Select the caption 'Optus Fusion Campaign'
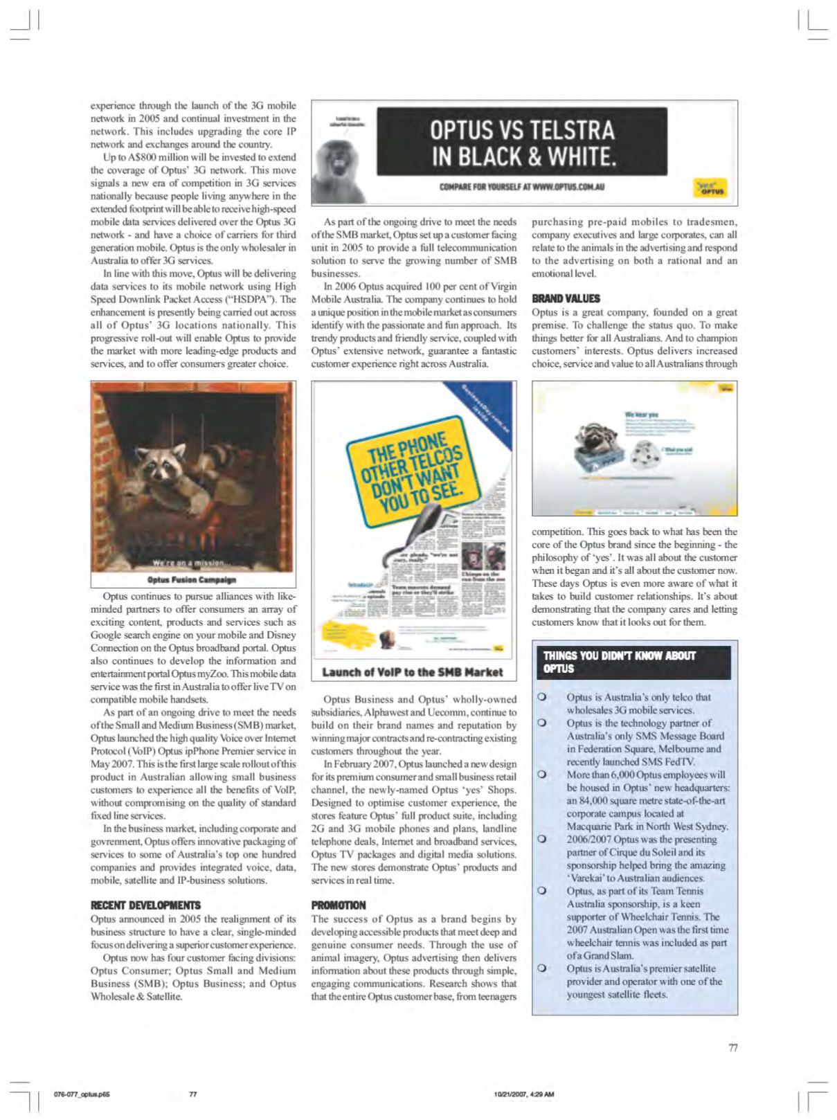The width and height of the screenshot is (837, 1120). pos(192,579)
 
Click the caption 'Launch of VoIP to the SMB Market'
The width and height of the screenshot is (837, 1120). pos(413,671)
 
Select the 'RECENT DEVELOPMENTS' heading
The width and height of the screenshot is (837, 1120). pos(145,905)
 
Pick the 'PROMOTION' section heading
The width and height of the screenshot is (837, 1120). pos(339,905)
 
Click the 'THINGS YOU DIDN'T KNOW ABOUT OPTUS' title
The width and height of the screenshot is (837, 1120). pos(619,662)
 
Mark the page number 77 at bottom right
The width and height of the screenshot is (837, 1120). pos(733,1047)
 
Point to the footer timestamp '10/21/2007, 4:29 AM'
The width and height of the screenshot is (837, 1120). pos(524,1094)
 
